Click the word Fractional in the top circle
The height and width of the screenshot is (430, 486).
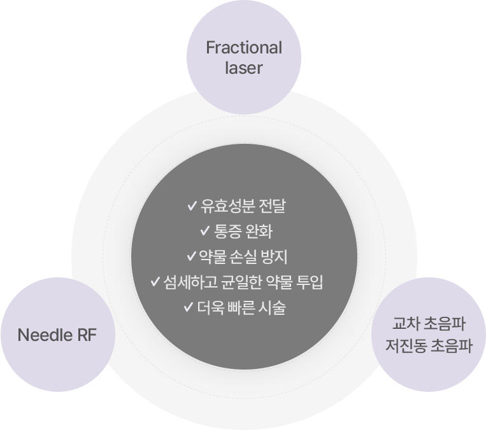click(243, 48)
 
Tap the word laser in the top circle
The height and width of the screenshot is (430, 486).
click(243, 67)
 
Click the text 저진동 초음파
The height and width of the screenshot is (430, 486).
click(429, 347)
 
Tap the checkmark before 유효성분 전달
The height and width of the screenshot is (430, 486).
click(192, 206)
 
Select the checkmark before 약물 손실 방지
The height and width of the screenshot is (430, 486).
click(192, 257)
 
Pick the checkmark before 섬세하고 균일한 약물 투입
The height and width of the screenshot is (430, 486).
click(155, 282)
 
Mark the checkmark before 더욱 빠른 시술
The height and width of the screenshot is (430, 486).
click(188, 307)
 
